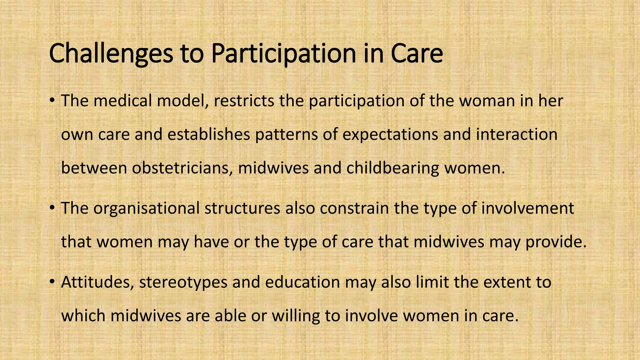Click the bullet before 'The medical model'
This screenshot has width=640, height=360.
point(52,101)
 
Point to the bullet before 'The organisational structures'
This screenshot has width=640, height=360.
point(52,208)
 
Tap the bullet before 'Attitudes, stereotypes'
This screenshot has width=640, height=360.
point(52,282)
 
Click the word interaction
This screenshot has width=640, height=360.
point(517,134)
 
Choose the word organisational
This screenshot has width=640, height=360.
point(146,208)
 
